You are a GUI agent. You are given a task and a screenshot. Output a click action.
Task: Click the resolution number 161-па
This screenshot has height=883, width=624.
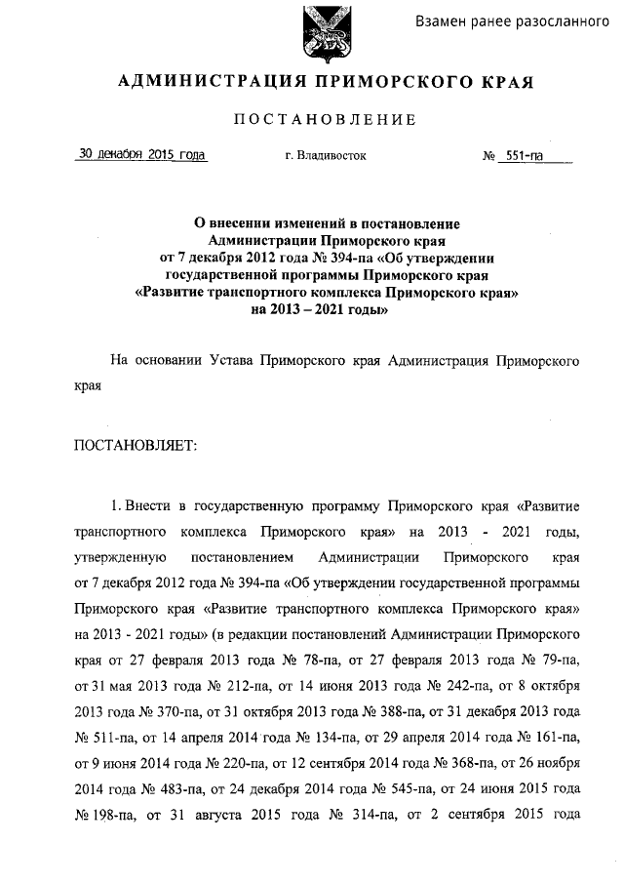[554, 735]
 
